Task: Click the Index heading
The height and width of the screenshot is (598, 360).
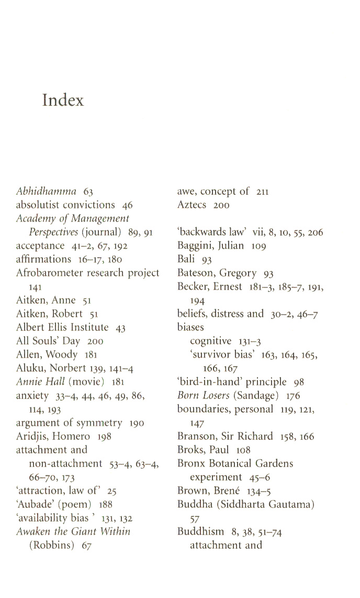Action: pos(63,100)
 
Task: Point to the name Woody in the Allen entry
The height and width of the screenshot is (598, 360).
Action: pos(61,355)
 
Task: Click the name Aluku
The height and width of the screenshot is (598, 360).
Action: pos(29,368)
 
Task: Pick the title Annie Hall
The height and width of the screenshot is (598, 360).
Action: pos(41,382)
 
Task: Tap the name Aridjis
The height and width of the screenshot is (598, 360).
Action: pos(31,436)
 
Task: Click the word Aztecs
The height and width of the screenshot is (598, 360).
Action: pos(193,205)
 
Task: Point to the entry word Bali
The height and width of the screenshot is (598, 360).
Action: pos(187,259)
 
